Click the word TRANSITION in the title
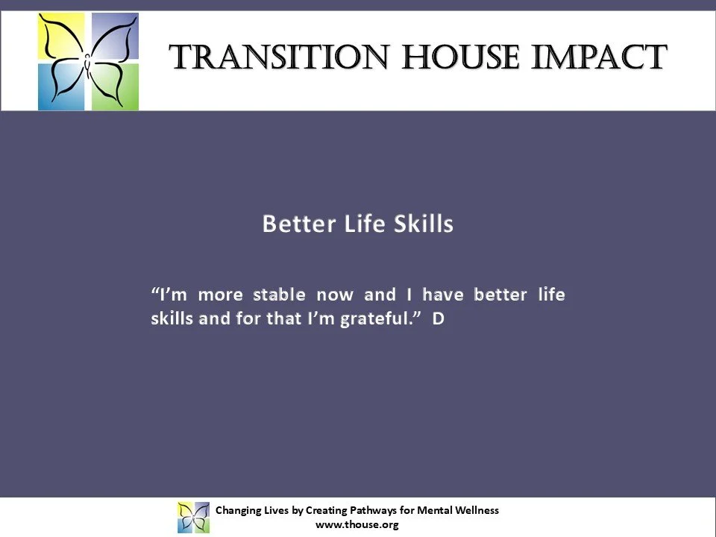click(279, 58)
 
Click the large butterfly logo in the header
click(88, 62)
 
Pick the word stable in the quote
click(279, 295)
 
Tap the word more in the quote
click(220, 295)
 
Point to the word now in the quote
click(335, 295)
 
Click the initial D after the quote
click(439, 319)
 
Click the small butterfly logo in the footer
click(193, 517)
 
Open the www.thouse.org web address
click(357, 524)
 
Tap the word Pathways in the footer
click(371, 510)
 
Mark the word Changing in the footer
click(236, 510)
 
